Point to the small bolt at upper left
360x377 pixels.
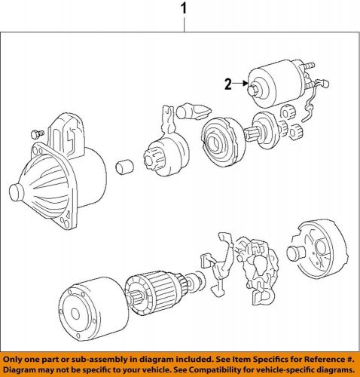[x=33, y=133]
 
